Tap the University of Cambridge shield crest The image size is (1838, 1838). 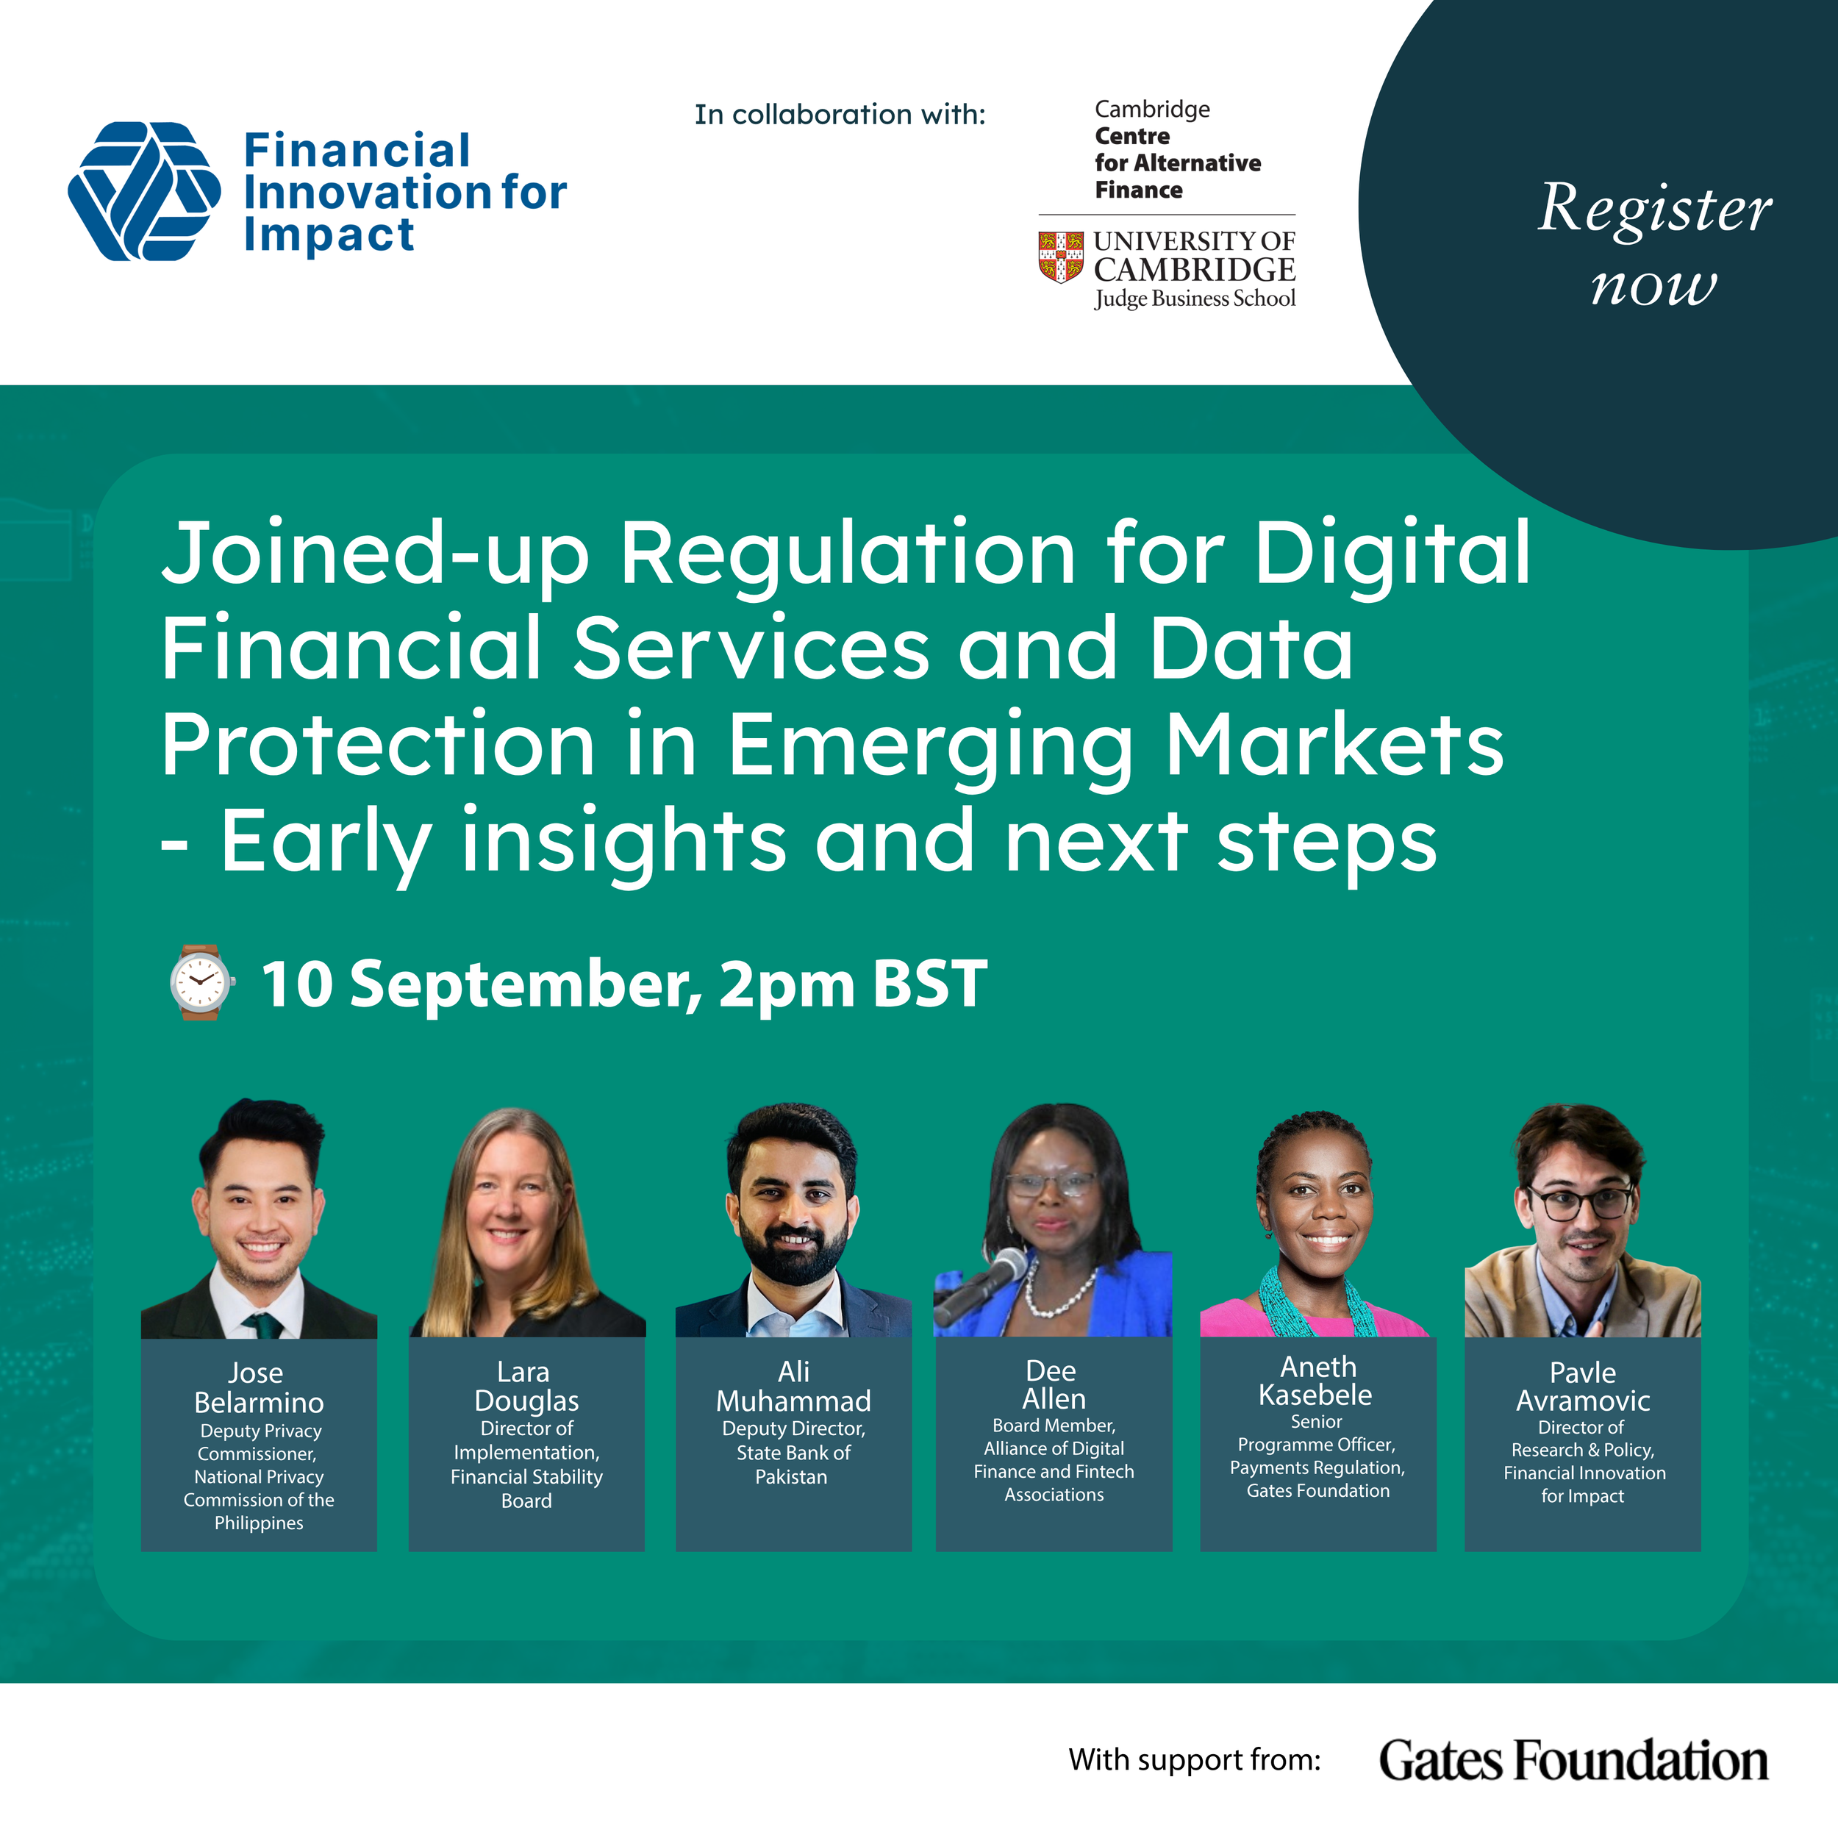1061,257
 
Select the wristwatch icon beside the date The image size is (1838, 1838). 200,983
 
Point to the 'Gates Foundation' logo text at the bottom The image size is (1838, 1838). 1573,1760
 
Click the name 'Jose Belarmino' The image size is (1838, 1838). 259,1387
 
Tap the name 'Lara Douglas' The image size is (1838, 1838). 526,1386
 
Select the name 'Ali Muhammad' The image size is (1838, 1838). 793,1386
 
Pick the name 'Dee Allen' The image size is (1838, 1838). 1053,1384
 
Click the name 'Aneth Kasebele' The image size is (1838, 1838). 1317,1381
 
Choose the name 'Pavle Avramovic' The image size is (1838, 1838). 1582,1386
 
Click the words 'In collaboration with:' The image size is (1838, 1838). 840,114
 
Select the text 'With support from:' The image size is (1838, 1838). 1195,1760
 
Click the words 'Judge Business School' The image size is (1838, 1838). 1195,298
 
